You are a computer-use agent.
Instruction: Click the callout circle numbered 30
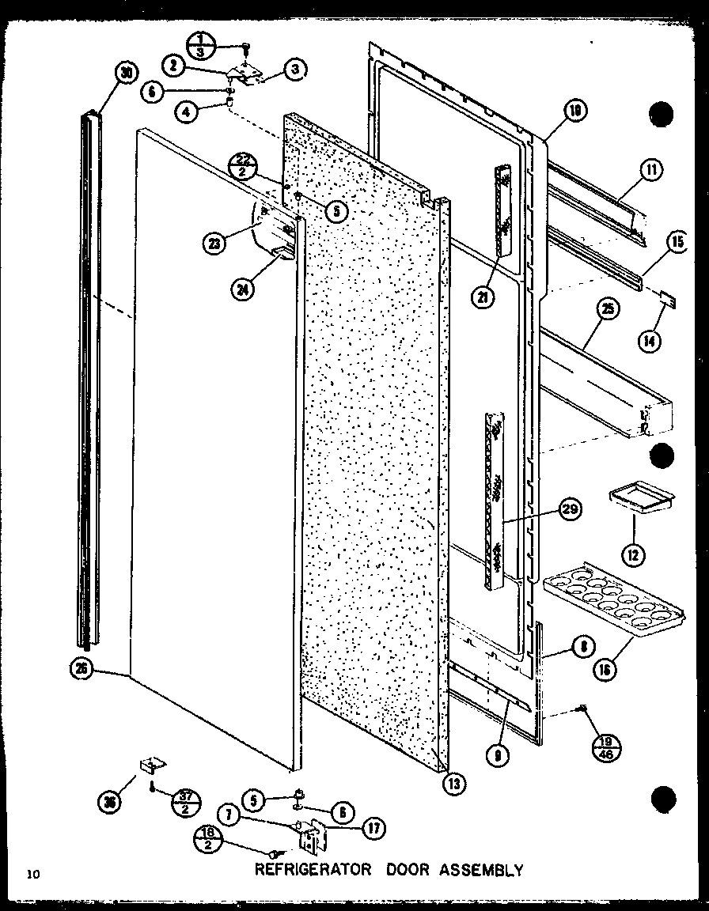pos(125,73)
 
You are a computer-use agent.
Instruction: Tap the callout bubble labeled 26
pos(81,670)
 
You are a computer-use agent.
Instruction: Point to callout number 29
pos(569,510)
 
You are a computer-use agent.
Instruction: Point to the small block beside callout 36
pos(151,765)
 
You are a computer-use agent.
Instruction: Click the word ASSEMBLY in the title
pos(480,870)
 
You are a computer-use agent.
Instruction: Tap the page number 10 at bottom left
pos(32,874)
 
